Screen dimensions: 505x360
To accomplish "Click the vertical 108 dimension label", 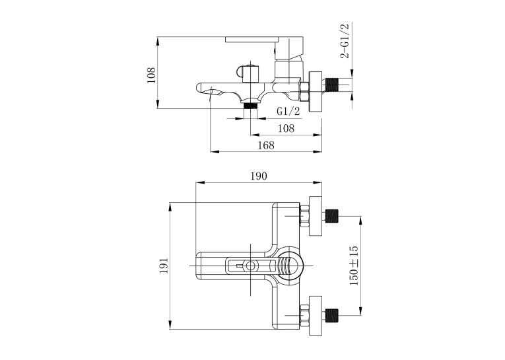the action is coord(151,75).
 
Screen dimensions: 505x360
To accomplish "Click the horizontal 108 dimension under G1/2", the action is coord(286,129).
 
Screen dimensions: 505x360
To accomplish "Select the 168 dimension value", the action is coord(266,145).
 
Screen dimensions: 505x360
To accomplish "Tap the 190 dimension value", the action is coord(259,176).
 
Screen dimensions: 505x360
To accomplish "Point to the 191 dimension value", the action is coord(164,266).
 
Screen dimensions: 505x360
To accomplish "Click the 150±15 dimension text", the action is coord(354,266).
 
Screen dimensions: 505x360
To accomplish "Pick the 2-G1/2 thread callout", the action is coord(345,41).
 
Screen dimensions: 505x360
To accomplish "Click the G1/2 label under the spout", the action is coord(288,111).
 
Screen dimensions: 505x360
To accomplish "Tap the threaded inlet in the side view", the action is coord(333,85).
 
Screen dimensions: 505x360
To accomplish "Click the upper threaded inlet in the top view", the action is coord(332,216).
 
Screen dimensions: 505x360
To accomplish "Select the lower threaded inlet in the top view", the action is coord(332,315).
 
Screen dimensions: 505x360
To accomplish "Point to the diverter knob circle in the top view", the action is coord(251,266).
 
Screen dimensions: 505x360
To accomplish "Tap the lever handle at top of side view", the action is coord(264,40).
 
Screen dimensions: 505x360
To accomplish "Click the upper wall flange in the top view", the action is coord(316,216).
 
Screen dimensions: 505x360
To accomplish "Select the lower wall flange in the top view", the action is coord(316,316).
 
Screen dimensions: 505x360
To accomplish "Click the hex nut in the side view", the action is coord(304,92).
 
